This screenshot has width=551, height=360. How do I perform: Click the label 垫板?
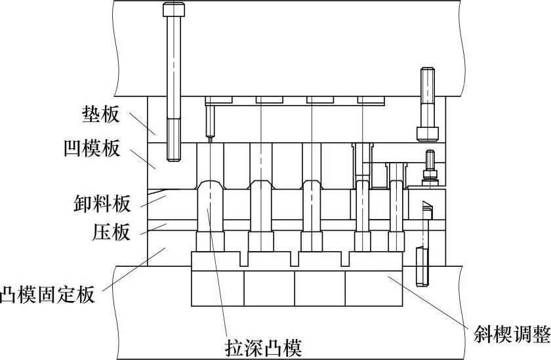point(101,115)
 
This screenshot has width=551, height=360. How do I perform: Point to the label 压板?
point(111,232)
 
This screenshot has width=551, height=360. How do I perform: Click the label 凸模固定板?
point(47,295)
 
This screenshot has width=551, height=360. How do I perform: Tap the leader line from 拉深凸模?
point(217,269)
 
